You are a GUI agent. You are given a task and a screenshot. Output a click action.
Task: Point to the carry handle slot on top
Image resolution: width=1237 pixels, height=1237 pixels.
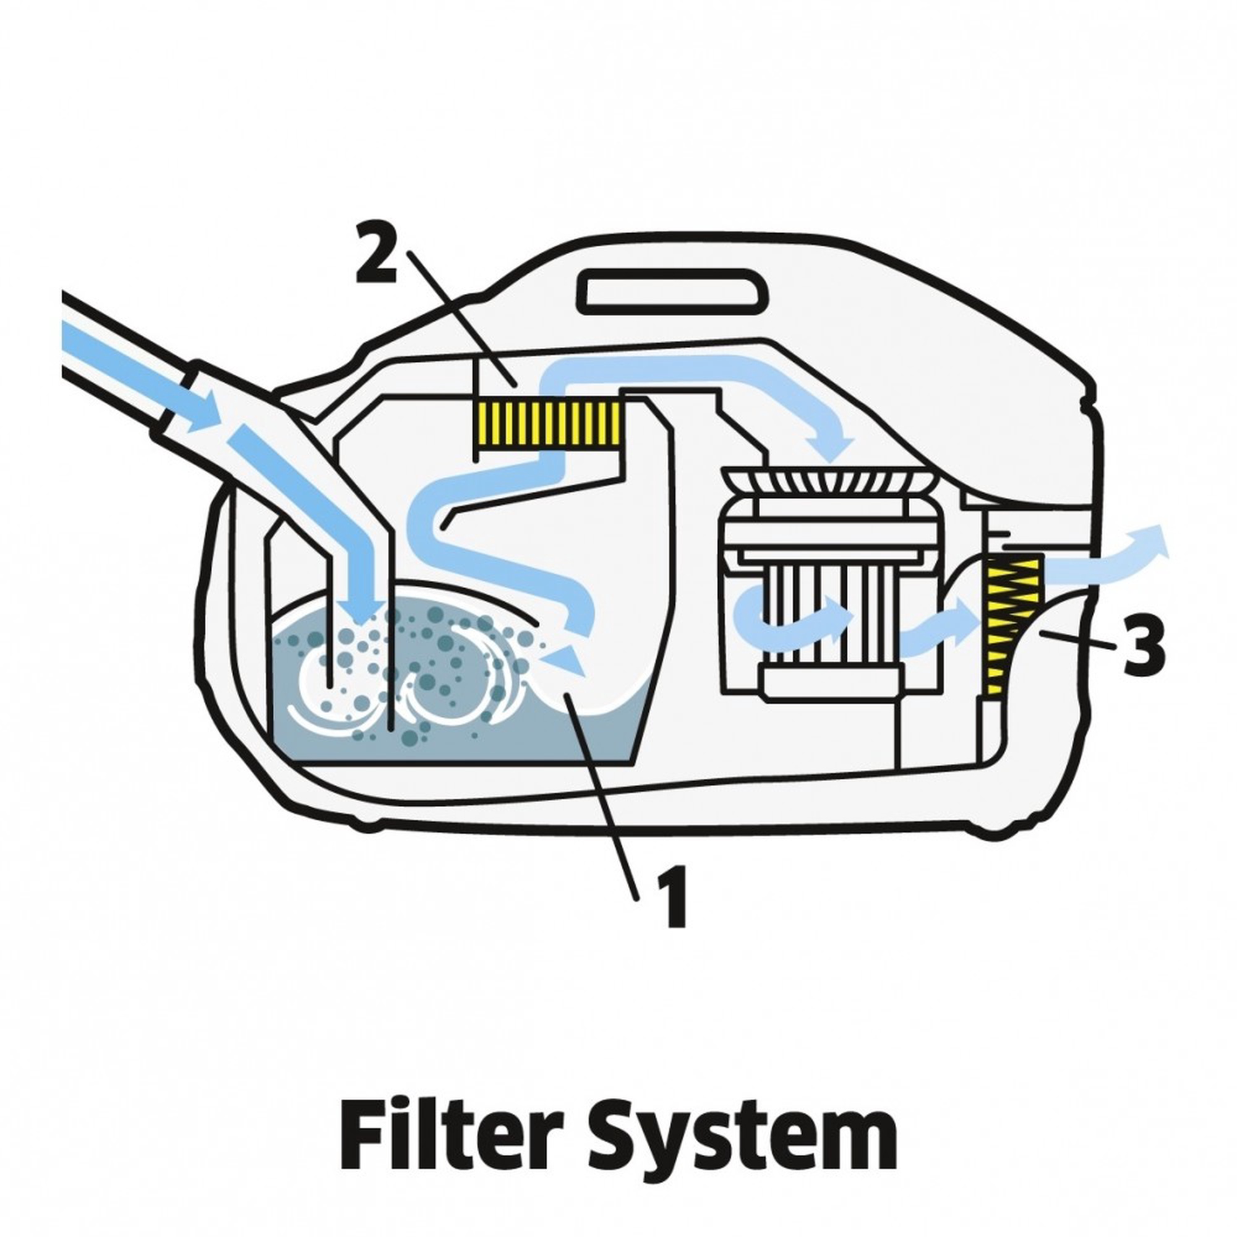click(x=672, y=292)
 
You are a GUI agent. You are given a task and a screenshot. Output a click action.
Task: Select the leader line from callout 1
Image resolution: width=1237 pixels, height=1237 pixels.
click(x=605, y=800)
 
